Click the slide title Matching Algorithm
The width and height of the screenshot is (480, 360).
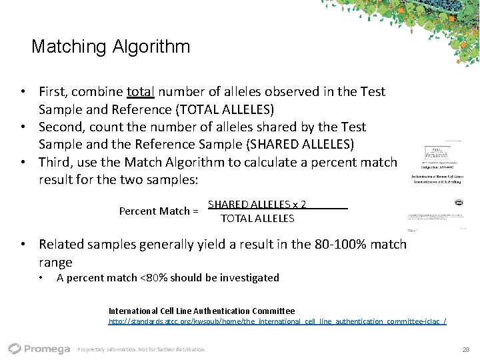[x=111, y=47]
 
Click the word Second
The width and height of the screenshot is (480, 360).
[x=61, y=127]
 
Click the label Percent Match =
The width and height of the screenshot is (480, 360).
[x=159, y=211]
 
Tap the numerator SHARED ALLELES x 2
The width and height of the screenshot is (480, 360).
[x=257, y=205]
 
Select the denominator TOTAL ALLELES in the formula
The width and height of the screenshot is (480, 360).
[x=257, y=218]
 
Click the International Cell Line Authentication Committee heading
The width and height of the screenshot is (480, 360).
[x=201, y=311]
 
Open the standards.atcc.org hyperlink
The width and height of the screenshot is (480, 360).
[x=277, y=321]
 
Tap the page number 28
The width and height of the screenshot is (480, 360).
[x=465, y=349]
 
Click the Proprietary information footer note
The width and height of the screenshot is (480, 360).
[x=142, y=349]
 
